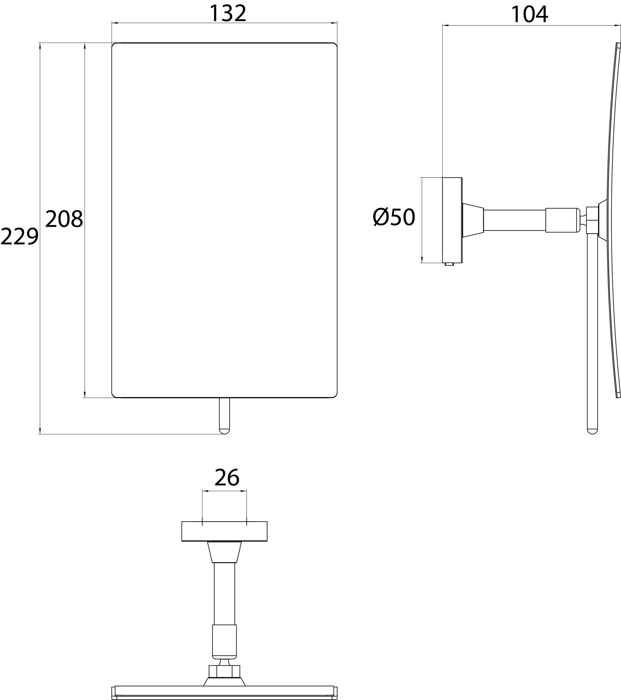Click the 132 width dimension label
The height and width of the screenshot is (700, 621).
(228, 14)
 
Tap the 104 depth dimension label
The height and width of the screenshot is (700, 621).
(529, 15)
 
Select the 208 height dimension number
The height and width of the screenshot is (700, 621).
(64, 219)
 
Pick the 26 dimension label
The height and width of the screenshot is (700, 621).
(227, 478)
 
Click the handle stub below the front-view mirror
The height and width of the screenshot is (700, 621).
(224, 415)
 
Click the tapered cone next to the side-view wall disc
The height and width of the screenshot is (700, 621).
(473, 220)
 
